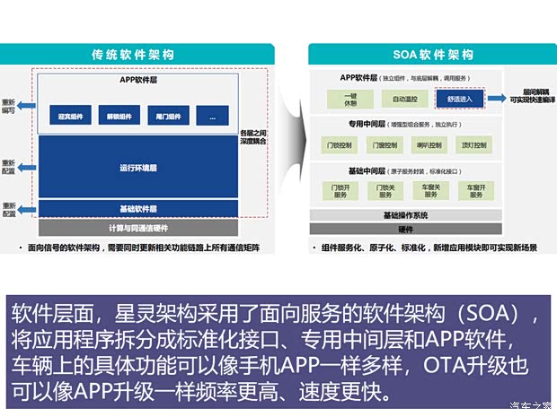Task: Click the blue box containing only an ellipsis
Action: click(x=212, y=117)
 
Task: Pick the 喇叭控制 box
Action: click(x=427, y=144)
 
